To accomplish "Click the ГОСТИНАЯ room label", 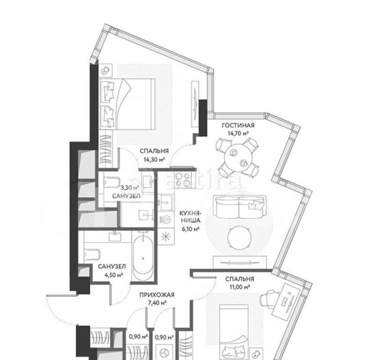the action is pyautogui.click(x=238, y=125).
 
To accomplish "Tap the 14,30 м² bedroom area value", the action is pyautogui.click(x=154, y=160).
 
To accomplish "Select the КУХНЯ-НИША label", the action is pyautogui.click(x=190, y=217).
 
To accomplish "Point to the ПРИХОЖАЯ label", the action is pyautogui.click(x=157, y=295).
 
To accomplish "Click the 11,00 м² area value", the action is pyautogui.click(x=240, y=287).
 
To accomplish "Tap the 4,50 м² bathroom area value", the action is pyautogui.click(x=114, y=275).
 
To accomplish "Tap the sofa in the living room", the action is pyautogui.click(x=240, y=207).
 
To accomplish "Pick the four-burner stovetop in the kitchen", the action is pyautogui.click(x=183, y=180).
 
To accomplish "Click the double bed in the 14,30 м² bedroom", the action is pyautogui.click(x=127, y=104).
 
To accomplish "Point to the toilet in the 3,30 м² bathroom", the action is pyautogui.click(x=112, y=182).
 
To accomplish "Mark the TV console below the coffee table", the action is pyautogui.click(x=240, y=262).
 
